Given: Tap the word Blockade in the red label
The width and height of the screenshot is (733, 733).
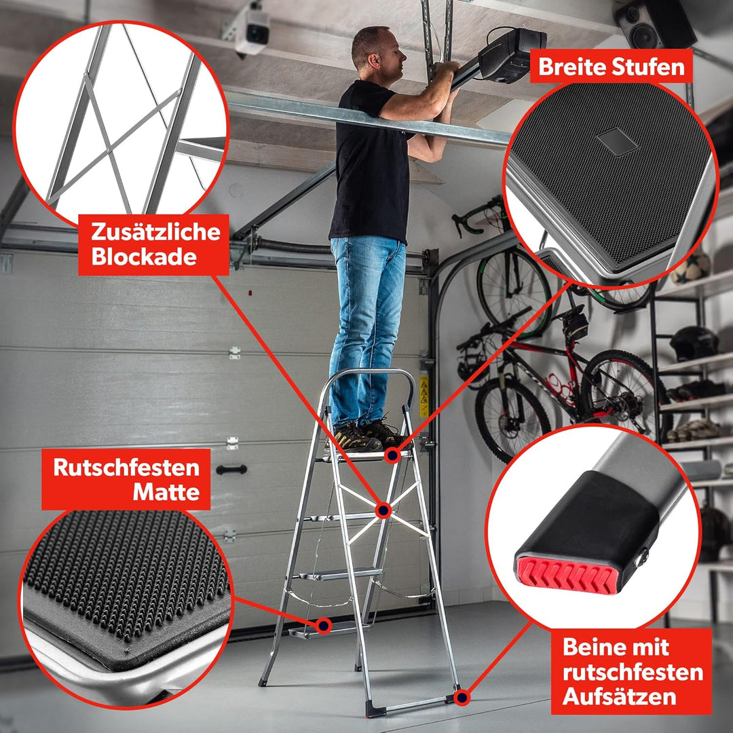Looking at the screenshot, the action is point(144,257).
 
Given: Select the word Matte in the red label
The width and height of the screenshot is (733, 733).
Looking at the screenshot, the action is point(166,492).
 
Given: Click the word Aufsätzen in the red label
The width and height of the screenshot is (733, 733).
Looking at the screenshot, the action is point(619,696).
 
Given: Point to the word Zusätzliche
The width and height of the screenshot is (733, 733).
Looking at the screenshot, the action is point(155,231).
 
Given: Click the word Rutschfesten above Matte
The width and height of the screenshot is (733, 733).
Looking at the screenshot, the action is point(126,468).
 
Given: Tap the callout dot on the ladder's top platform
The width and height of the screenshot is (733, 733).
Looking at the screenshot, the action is point(392,455).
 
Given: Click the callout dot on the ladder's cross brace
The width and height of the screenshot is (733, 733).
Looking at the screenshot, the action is point(383,510).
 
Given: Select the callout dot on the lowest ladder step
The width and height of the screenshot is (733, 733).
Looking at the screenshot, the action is point(323,625).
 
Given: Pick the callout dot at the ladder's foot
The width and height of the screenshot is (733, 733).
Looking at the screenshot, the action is point(462,698).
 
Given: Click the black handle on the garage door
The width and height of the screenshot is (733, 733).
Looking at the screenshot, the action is point(231,470).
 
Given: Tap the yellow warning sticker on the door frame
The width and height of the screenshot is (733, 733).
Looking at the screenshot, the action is point(424,396).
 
